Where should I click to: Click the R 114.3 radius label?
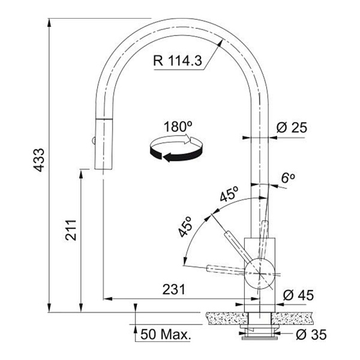pyautogui.click(x=178, y=61)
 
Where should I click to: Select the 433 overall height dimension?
pyautogui.click(x=38, y=160)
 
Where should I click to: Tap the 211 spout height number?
pyautogui.click(x=70, y=230)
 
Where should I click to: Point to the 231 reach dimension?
pyautogui.click(x=174, y=289)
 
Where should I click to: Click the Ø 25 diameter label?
pyautogui.click(x=292, y=128)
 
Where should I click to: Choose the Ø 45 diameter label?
pyautogui.click(x=298, y=295)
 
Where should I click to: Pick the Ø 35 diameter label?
pyautogui.click(x=311, y=335)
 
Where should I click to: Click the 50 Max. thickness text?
pyautogui.click(x=166, y=334)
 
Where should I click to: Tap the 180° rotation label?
pyautogui.click(x=178, y=127)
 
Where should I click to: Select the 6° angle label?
pyautogui.click(x=288, y=178)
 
